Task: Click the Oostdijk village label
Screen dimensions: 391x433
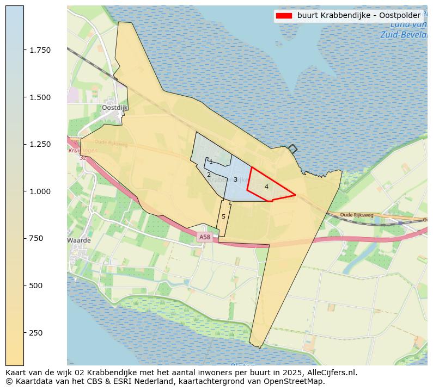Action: tap(114, 108)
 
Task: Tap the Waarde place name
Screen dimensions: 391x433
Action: tap(78, 240)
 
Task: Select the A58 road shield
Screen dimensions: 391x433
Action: tap(204, 237)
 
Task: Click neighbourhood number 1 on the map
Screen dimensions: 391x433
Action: tap(211, 162)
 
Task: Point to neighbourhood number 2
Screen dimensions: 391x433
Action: tap(209, 175)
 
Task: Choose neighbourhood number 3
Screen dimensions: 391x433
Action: tap(235, 179)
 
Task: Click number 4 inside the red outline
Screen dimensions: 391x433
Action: tap(266, 187)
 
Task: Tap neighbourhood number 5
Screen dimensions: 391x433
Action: tap(223, 217)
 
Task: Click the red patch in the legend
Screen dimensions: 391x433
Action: tap(284, 16)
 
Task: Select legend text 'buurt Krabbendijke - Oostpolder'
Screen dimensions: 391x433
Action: tap(358, 16)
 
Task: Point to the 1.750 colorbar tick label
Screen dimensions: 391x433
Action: tap(40, 50)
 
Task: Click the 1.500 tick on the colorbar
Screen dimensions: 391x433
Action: tap(40, 97)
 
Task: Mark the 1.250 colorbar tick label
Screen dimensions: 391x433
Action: tap(40, 144)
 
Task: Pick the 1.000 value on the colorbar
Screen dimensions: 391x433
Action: tap(40, 191)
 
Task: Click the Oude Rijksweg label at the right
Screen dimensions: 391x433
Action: tap(357, 215)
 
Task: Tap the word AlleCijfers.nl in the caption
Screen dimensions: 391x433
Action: tap(332, 373)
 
